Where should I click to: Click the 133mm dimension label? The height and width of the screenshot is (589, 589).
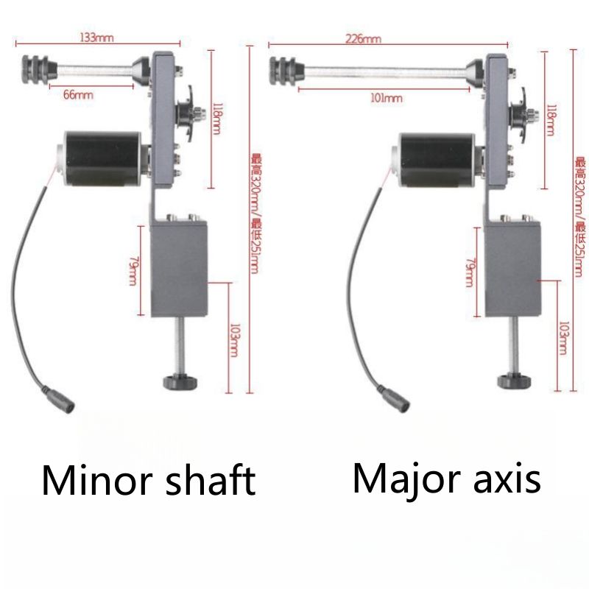(x=98, y=38)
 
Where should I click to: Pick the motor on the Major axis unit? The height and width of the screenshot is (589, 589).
(x=431, y=158)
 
